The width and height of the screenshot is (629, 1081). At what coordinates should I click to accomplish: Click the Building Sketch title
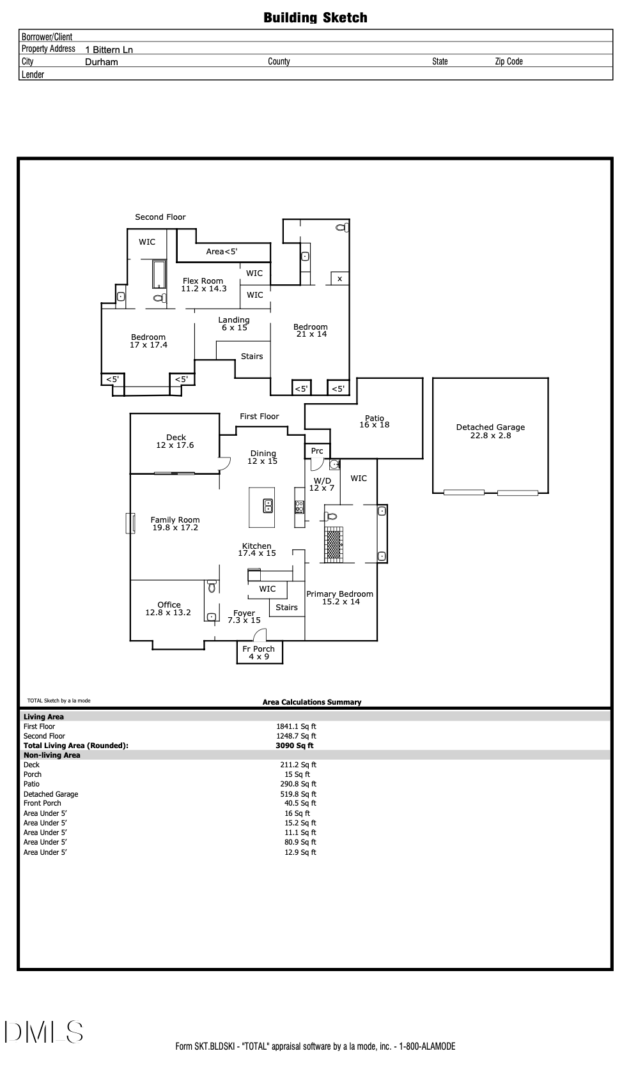pos(315,18)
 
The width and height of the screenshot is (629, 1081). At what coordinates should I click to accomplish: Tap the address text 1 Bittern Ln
pos(109,50)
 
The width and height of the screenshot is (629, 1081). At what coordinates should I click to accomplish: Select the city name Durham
pos(102,62)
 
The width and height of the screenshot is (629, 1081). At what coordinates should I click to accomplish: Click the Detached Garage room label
pos(490,431)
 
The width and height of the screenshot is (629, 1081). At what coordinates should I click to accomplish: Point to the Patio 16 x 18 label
pos(374,421)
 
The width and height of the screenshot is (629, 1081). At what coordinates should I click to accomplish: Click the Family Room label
pos(175,524)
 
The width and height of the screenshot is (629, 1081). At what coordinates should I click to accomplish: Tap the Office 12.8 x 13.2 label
pos(169,609)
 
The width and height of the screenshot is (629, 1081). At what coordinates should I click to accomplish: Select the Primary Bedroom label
pos(340,597)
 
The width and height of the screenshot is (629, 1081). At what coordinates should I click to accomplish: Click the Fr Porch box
pos(260,652)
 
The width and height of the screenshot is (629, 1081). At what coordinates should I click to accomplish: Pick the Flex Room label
pos(203,285)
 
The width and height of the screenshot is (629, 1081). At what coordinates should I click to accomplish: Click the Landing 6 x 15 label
pos(234,324)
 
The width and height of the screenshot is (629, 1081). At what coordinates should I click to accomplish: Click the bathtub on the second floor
pos(159,274)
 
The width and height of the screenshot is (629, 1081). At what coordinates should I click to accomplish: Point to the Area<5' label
pos(222,252)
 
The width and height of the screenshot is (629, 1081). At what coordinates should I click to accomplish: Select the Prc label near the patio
pos(317,451)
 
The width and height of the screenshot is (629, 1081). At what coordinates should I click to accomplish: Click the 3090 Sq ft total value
pos(295,746)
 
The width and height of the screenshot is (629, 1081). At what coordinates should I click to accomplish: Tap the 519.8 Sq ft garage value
pos(299,794)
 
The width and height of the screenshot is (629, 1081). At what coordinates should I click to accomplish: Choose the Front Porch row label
pos(42,803)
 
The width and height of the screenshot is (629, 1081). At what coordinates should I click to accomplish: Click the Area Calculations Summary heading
pos(312,702)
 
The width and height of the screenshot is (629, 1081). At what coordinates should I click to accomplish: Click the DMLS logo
pos(44,1032)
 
